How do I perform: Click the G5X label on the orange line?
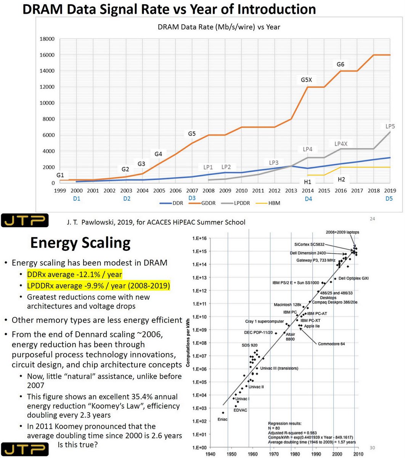tap(306, 80)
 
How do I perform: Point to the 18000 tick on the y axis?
tap(47, 39)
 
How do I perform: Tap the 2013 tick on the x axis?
tap(291, 190)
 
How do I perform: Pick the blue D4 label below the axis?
tap(308, 199)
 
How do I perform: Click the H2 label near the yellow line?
tap(341, 179)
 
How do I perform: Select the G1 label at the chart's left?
tap(60, 175)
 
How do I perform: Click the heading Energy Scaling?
tap(80, 243)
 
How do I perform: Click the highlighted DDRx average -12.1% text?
tap(74, 274)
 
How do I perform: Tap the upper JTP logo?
tap(24, 220)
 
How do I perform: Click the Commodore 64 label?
tap(331, 344)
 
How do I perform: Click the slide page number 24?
tap(373, 219)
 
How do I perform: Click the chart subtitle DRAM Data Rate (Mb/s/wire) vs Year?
tap(219, 27)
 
